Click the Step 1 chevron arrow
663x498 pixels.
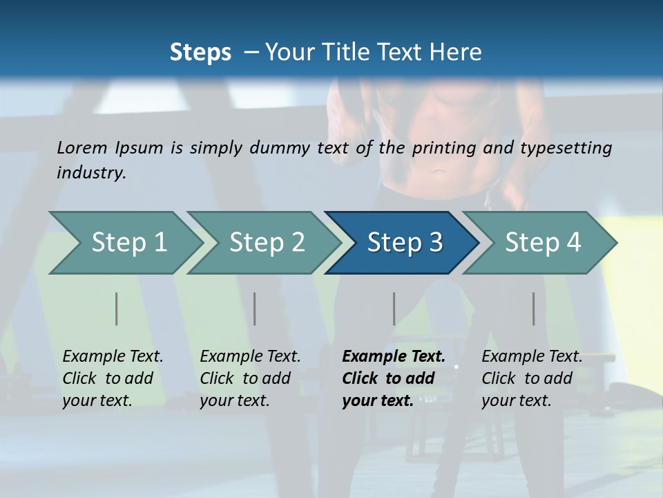point(128,243)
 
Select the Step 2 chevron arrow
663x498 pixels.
point(267,243)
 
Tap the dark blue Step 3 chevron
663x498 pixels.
point(405,243)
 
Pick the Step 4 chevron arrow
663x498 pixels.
point(543,243)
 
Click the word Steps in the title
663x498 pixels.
point(200,52)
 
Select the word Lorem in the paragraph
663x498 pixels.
point(82,147)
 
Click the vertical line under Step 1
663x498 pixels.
point(117,308)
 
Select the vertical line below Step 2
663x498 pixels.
point(255,308)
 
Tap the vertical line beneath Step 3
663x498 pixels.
point(394,308)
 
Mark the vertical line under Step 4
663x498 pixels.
point(534,308)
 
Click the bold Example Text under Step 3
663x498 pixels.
point(394,356)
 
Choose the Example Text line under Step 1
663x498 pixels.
point(113,356)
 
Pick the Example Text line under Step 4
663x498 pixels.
point(532,356)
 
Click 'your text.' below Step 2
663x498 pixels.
point(234,400)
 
